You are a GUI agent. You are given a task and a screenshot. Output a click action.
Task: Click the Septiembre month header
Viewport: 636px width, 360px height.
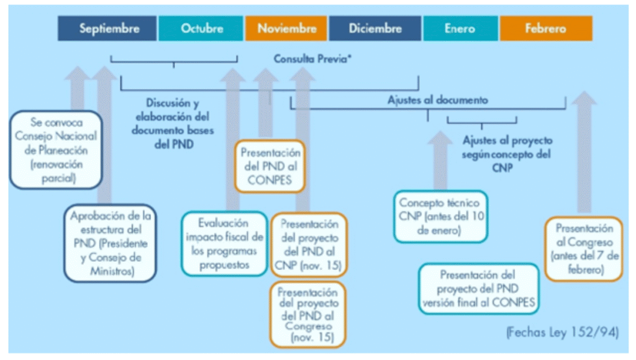(109, 29)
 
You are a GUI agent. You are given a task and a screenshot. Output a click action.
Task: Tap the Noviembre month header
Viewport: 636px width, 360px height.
(286, 29)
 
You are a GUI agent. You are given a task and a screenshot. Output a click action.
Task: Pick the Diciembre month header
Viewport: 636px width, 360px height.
(376, 29)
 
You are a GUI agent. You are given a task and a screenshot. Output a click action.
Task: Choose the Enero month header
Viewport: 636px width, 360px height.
(460, 29)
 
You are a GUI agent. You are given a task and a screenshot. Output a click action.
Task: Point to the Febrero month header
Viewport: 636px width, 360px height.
(545, 29)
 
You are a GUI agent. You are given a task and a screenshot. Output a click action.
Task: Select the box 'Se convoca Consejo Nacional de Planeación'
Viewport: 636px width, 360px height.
(56, 150)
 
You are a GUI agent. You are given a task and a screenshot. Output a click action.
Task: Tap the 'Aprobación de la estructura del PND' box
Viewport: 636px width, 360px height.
(110, 243)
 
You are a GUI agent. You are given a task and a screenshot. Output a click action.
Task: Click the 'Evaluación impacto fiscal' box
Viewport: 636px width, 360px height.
(224, 243)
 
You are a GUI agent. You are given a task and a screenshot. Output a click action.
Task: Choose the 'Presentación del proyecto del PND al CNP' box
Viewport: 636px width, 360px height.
(309, 245)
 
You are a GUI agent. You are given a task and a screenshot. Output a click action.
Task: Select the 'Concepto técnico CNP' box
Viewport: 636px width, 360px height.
(440, 216)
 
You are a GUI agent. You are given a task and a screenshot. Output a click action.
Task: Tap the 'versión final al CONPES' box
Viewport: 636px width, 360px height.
(478, 288)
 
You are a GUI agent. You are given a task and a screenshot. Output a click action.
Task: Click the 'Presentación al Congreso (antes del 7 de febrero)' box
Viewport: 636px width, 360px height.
(584, 248)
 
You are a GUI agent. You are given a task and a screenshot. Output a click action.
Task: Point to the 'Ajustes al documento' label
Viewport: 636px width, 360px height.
(437, 99)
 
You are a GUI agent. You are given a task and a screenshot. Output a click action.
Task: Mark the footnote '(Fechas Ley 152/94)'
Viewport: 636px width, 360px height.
(563, 331)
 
